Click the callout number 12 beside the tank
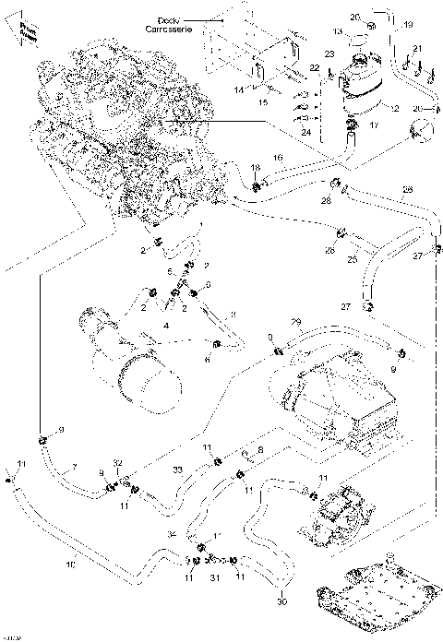394,109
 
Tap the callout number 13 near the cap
338,32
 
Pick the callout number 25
351,259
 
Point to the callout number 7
75,465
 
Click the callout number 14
239,89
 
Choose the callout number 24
307,131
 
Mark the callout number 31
214,578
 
